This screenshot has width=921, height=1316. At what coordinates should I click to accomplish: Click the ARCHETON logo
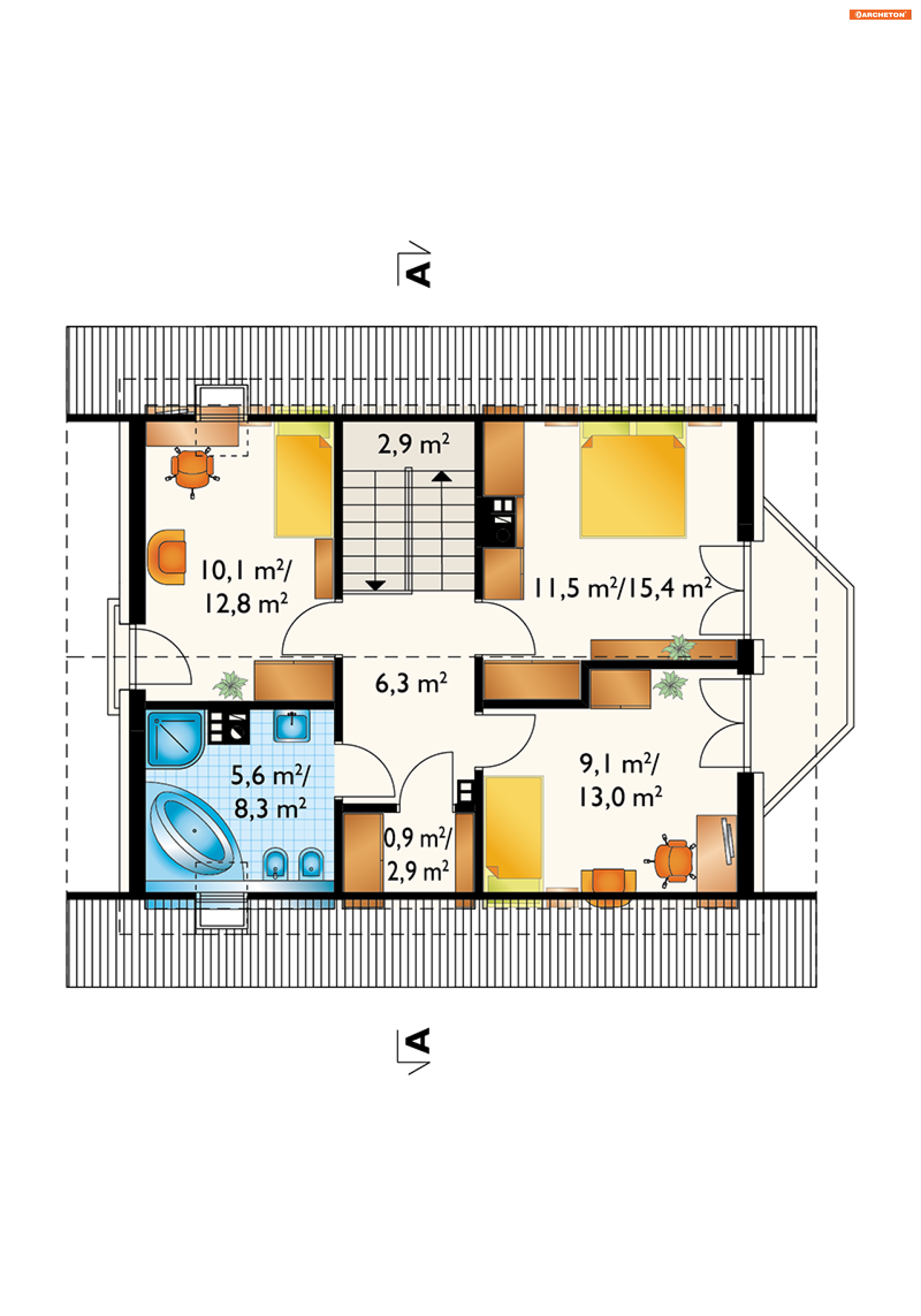(880, 14)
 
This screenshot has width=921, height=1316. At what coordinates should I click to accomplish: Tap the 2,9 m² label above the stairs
(413, 444)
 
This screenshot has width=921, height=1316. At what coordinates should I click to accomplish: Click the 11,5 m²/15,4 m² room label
(623, 588)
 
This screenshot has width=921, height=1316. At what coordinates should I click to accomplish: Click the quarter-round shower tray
(174, 739)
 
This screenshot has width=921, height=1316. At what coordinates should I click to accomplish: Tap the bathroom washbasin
(292, 725)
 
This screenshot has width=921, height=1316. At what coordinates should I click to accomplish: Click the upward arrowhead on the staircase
(441, 476)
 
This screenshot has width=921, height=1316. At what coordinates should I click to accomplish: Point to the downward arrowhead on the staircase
(376, 585)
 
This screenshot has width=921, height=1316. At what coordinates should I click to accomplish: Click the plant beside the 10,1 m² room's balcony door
(230, 685)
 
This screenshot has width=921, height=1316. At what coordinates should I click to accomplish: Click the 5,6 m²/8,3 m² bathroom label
(270, 792)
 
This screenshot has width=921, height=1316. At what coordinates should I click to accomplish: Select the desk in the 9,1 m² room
(716, 853)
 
